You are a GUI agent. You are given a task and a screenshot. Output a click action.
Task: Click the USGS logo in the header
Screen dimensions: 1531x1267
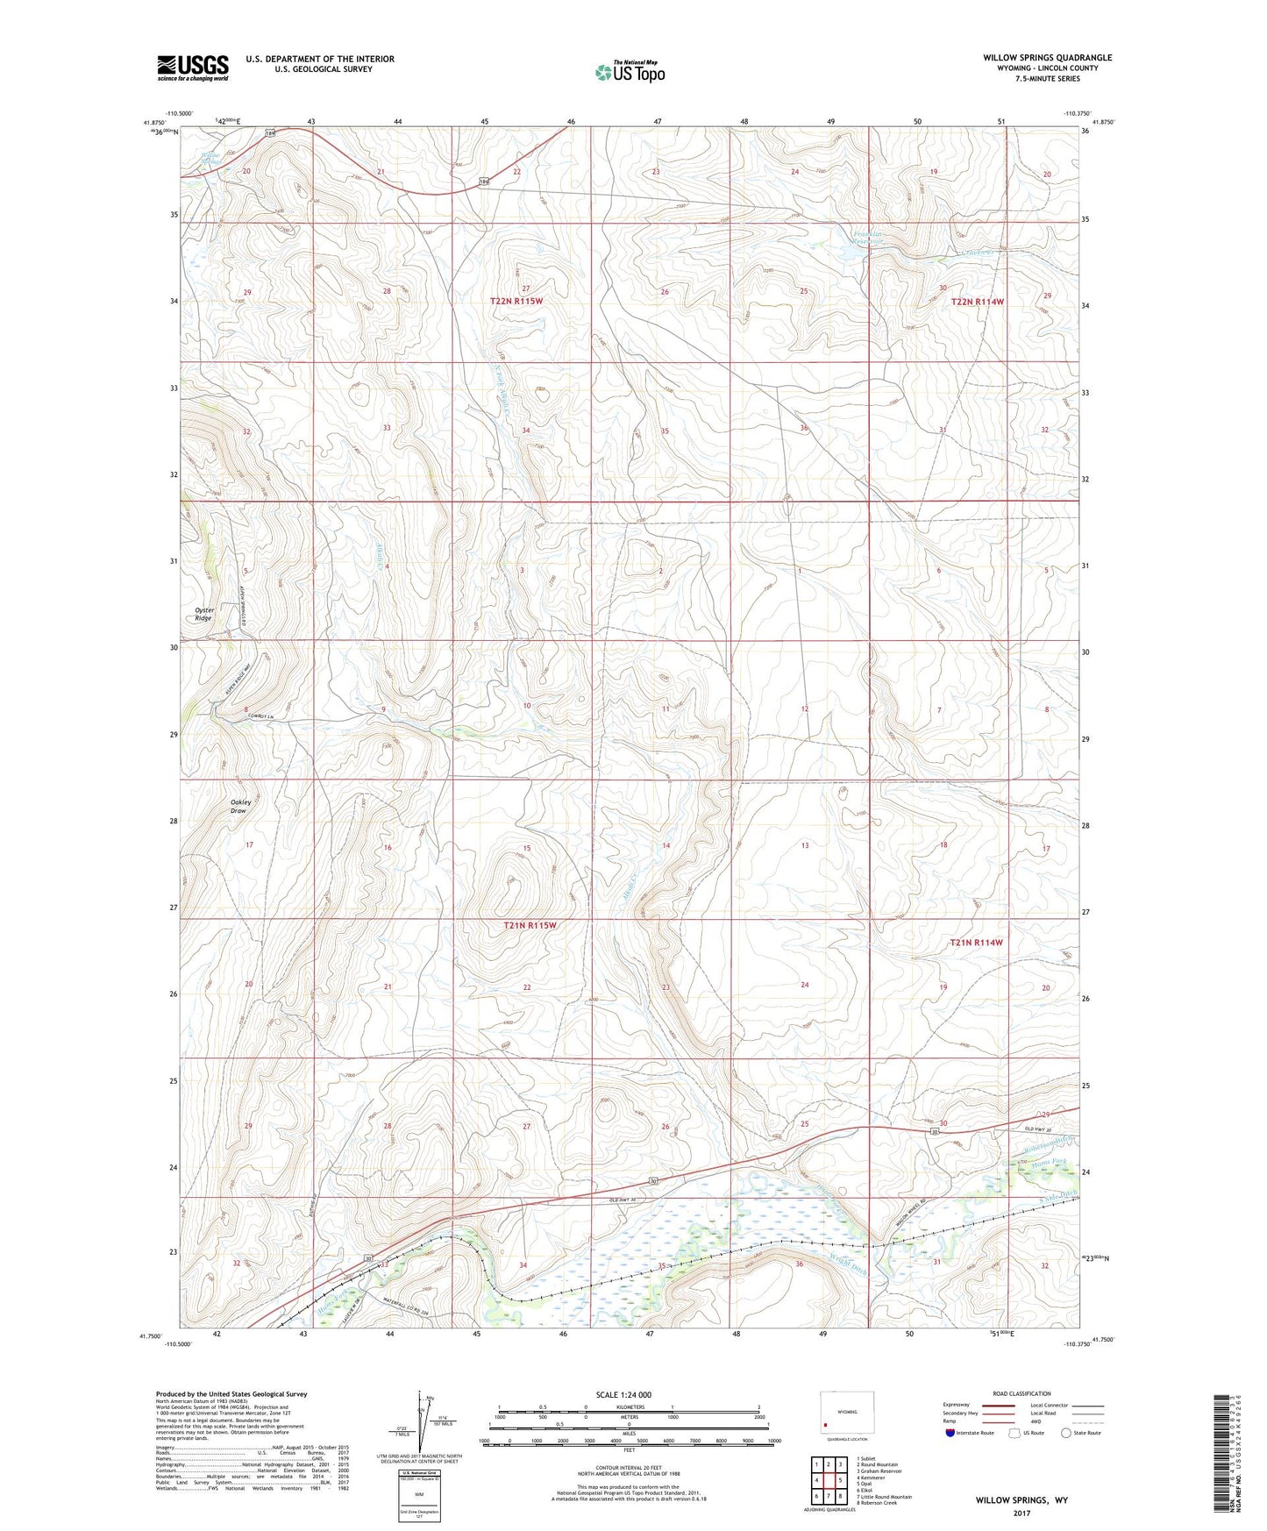193,68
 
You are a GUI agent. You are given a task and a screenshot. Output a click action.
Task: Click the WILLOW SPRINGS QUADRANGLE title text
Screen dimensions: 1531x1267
1047,58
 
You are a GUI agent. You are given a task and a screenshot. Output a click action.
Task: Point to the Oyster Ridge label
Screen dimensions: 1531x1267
203,614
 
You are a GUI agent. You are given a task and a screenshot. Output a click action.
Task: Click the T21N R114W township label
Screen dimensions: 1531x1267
976,943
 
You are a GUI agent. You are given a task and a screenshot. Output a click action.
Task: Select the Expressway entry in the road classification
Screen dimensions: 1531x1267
957,1405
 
